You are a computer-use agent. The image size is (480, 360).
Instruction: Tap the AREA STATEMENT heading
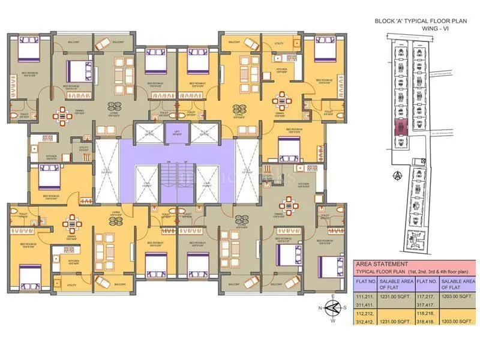(381, 264)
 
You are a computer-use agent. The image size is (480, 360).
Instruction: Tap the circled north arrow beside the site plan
(397, 175)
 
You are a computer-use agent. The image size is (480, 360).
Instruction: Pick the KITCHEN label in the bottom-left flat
(73, 261)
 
